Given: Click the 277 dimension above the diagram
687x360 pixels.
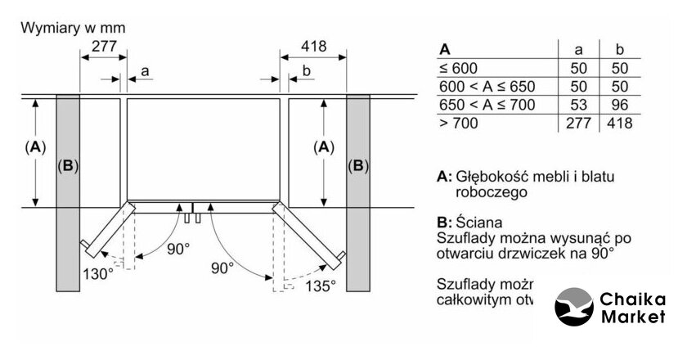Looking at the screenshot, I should pos(102,47).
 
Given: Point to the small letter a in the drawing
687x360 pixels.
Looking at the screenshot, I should pos(145,73).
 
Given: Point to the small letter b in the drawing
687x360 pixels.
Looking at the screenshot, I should pos(307,73).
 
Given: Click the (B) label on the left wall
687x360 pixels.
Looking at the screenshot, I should pos(68,166).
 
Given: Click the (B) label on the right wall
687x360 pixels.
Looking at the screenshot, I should pos(358,166).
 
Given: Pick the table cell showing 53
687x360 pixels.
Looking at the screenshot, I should pos(577,105).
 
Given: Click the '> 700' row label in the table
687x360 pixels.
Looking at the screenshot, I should pos(457,124).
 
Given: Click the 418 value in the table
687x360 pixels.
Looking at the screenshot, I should pos(619,124).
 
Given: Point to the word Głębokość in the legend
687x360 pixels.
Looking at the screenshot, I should pos(492,176).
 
